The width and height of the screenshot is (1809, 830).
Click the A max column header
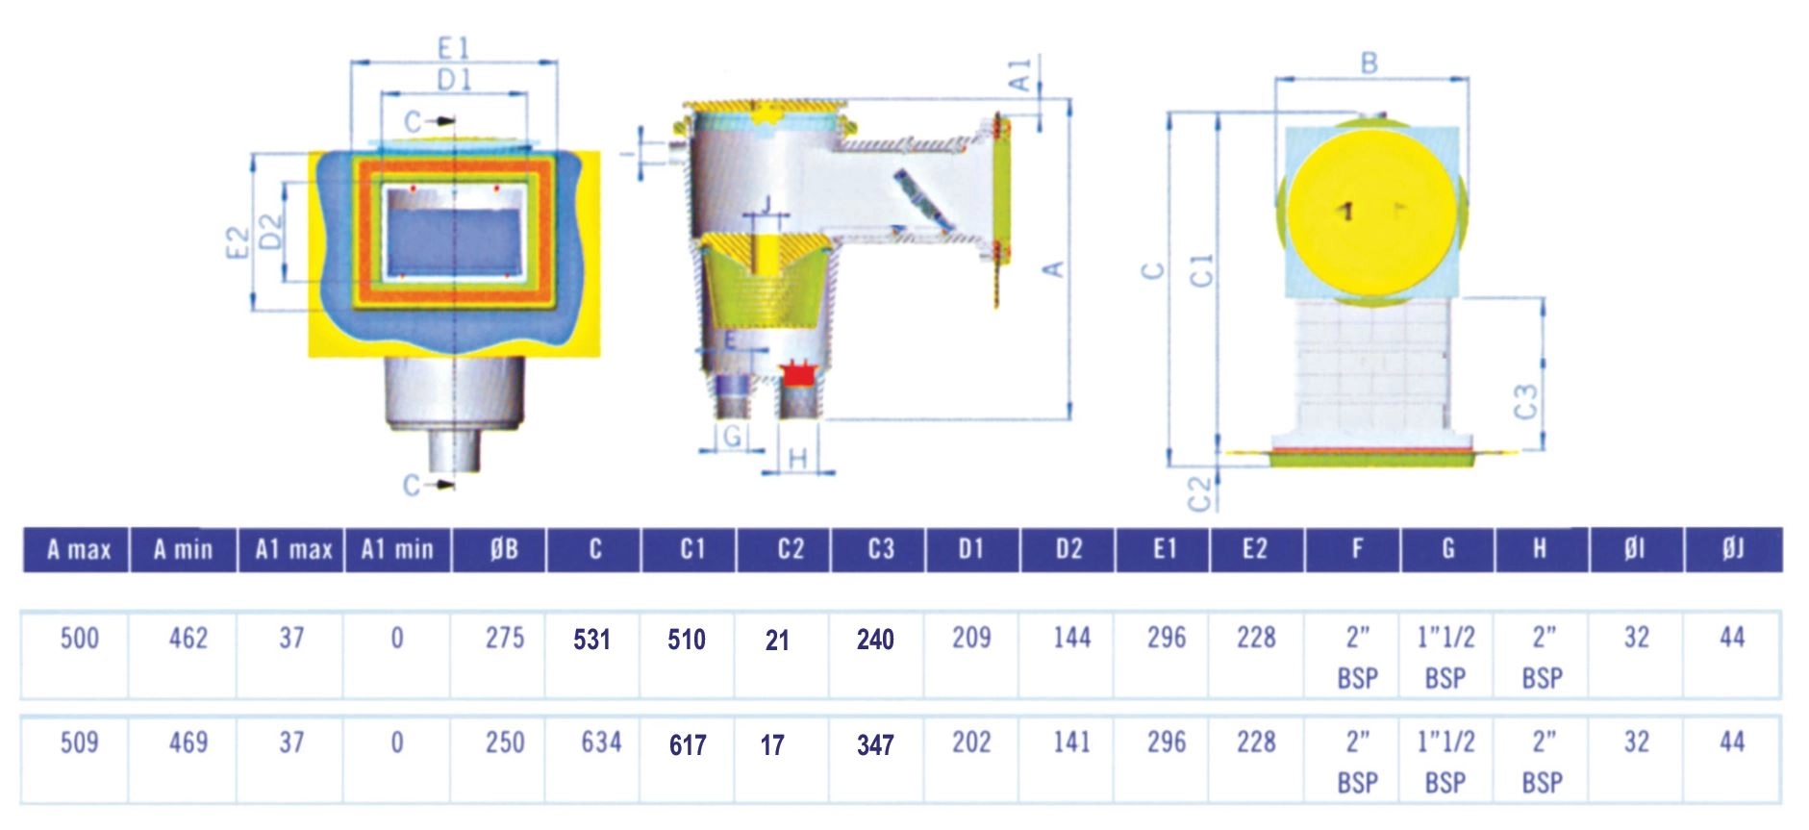click(x=79, y=550)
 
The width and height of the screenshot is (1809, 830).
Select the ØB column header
click(x=504, y=550)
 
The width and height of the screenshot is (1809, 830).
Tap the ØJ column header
click(x=1733, y=550)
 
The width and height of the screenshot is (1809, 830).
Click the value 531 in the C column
click(x=591, y=640)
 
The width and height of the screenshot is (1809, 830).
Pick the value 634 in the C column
click(x=601, y=742)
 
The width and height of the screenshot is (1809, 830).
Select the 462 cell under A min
click(x=188, y=639)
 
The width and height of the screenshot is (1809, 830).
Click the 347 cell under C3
click(x=875, y=745)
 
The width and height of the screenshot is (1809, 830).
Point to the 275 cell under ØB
click(x=505, y=639)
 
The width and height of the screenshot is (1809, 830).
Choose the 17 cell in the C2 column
click(x=772, y=745)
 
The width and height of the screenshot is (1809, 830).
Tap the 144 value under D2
click(x=1071, y=639)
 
